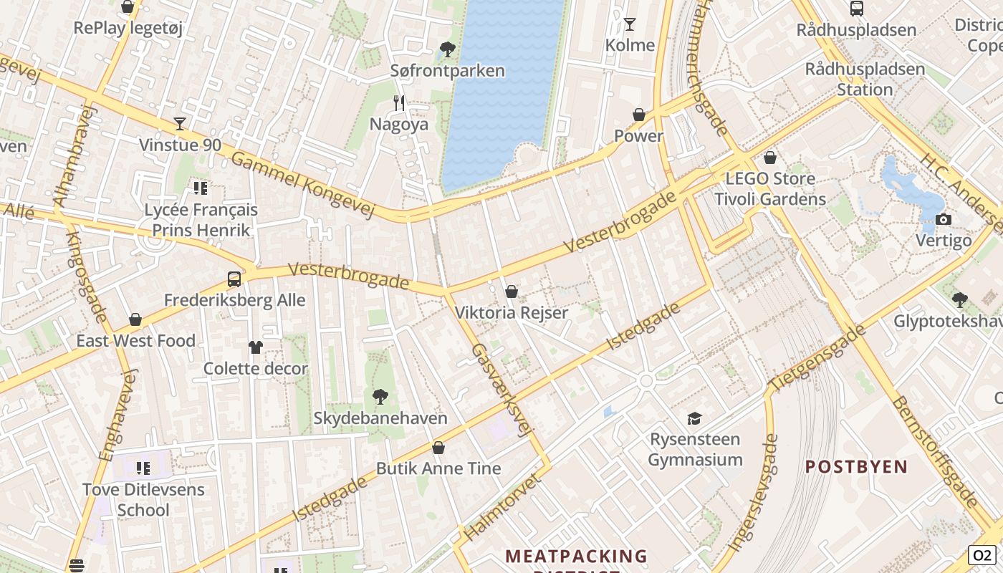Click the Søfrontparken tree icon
click(x=448, y=49)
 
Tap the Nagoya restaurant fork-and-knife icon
click(x=399, y=103)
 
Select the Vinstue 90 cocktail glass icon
click(x=180, y=124)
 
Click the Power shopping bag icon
click(x=639, y=115)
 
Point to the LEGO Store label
click(x=770, y=178)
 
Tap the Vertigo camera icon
click(x=944, y=219)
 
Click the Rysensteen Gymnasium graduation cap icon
click(x=694, y=418)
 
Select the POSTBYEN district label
click(x=856, y=467)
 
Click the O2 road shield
click(x=982, y=554)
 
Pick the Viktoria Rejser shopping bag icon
click(x=512, y=292)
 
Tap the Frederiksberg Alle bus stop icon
click(x=234, y=279)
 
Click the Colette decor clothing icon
click(x=256, y=347)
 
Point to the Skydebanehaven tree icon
click(x=380, y=397)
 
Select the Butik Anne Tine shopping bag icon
click(x=438, y=448)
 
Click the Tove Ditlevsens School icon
click(x=143, y=468)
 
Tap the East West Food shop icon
click(x=135, y=319)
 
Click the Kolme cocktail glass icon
click(x=630, y=24)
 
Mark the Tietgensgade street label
click(x=817, y=358)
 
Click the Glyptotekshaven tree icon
click(x=960, y=300)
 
